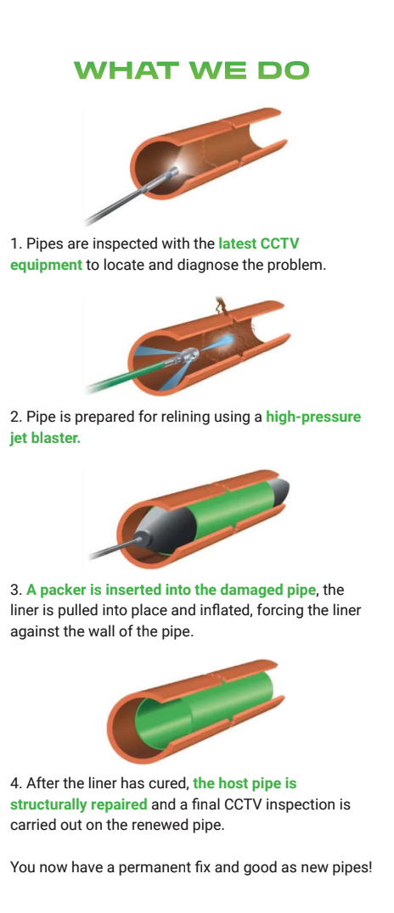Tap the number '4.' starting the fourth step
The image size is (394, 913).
[15, 783]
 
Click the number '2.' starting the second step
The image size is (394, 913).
[15, 417]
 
